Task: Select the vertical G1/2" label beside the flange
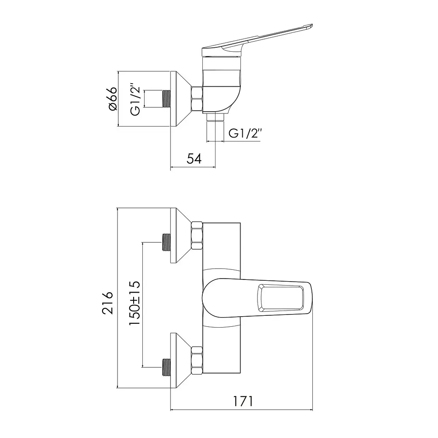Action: click(134, 99)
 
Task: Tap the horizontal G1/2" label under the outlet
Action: click(245, 134)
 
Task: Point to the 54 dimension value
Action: click(194, 159)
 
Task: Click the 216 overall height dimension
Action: click(108, 303)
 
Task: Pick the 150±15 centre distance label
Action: click(134, 303)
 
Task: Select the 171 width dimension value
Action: click(243, 401)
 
